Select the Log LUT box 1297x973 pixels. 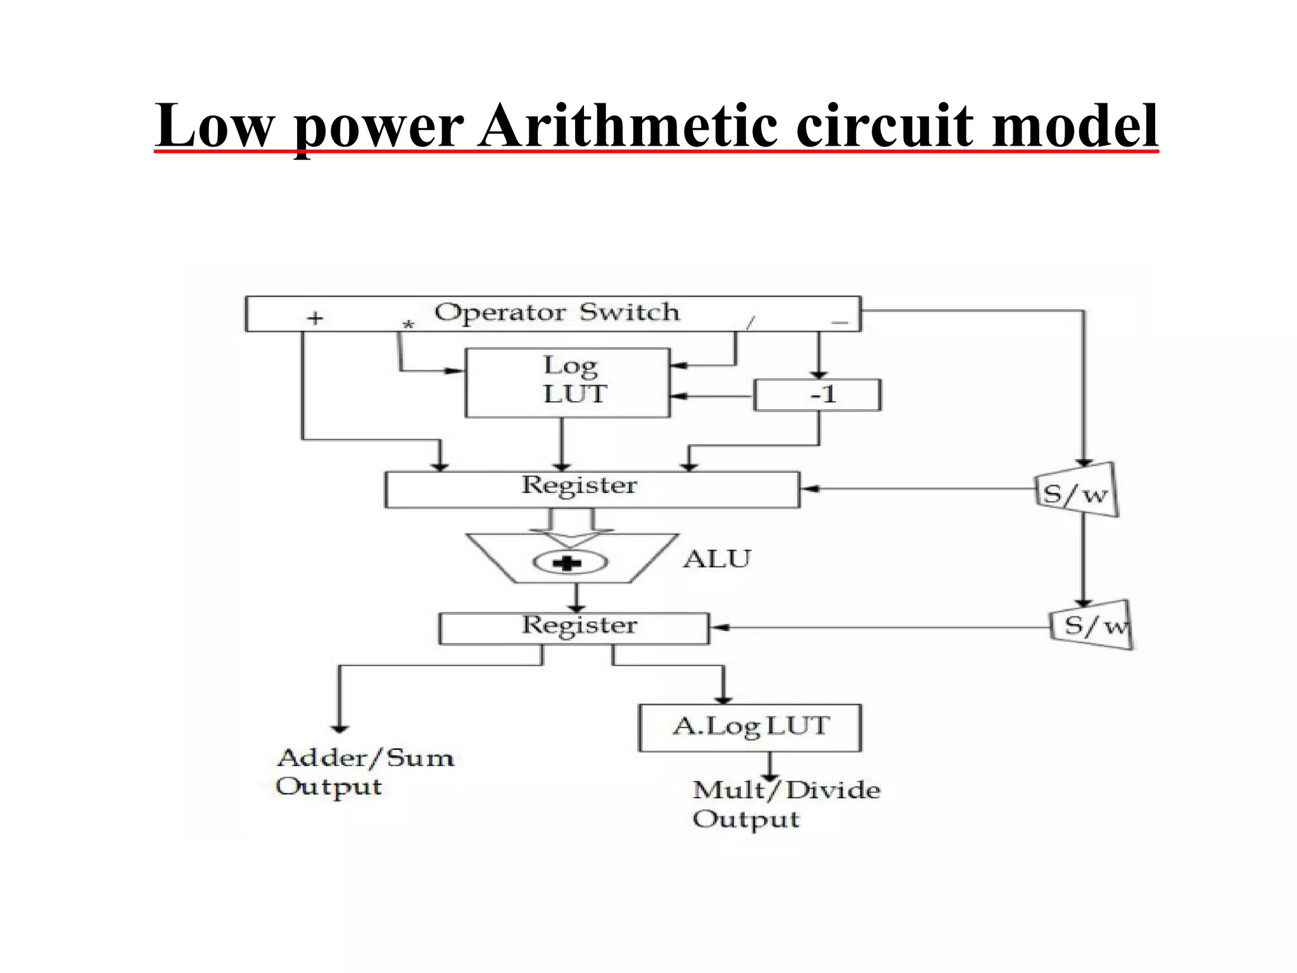tap(567, 383)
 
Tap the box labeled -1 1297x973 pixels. tap(817, 395)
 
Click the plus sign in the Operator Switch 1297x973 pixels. tap(315, 317)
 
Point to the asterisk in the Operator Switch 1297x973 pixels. tap(408, 325)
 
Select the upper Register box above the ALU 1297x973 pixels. tap(592, 489)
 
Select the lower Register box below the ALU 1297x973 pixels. tap(574, 628)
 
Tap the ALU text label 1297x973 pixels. tap(716, 559)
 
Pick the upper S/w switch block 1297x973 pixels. tap(1076, 491)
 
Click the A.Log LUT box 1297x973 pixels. tap(750, 727)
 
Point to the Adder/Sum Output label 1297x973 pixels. tap(364, 772)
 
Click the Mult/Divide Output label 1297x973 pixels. tap(785, 804)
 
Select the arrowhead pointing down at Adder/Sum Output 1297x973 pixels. tap(340, 728)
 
